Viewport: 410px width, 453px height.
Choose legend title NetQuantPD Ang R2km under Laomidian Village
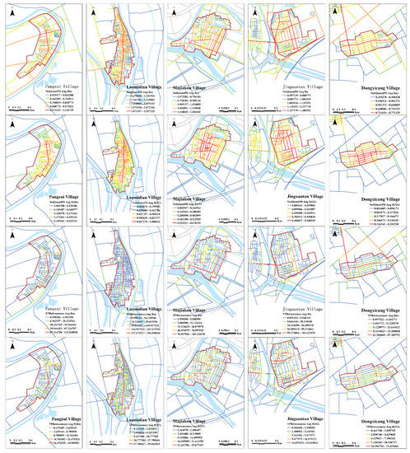point(132,202)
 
